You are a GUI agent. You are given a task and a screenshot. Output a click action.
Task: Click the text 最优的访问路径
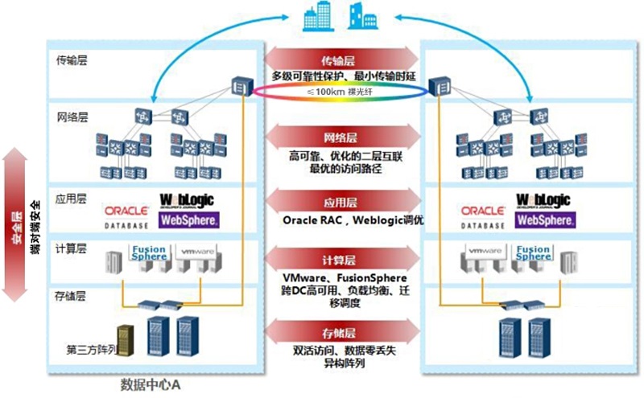pyautogui.click(x=343, y=169)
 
